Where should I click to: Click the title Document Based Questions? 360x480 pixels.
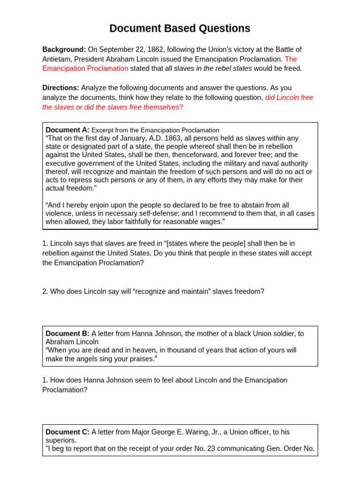180,29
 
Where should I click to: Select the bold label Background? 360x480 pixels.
64,50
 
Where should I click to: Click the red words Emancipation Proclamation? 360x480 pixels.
85,68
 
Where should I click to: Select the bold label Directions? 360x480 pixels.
60,88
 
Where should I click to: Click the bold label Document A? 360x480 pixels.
67,130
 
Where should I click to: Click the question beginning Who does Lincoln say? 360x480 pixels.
153,292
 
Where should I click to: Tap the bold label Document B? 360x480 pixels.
67,334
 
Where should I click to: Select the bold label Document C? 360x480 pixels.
67,432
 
